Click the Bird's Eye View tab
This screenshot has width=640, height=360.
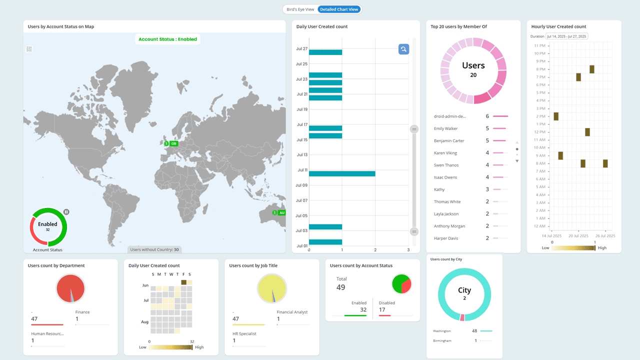point(300,9)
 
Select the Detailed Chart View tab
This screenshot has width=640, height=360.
point(339,9)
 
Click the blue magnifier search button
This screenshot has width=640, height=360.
point(403,49)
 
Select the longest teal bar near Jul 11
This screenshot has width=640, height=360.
point(342,173)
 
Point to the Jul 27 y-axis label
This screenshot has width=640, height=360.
point(301,49)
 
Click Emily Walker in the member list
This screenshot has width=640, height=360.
point(446,128)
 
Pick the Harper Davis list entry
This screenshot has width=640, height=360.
point(446,238)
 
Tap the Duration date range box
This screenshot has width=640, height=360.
point(566,36)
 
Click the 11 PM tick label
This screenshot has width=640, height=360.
point(539,45)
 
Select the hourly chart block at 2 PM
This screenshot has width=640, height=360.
point(556,116)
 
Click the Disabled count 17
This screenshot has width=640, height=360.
point(381,309)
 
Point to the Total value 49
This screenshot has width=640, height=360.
point(340,287)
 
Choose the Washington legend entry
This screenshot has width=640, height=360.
point(442,331)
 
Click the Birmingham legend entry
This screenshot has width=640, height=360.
point(442,340)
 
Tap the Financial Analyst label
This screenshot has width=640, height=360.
point(292,312)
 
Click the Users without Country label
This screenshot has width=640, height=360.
point(154,249)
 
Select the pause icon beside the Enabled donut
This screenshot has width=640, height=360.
point(66,212)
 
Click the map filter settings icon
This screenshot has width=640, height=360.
point(29,49)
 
